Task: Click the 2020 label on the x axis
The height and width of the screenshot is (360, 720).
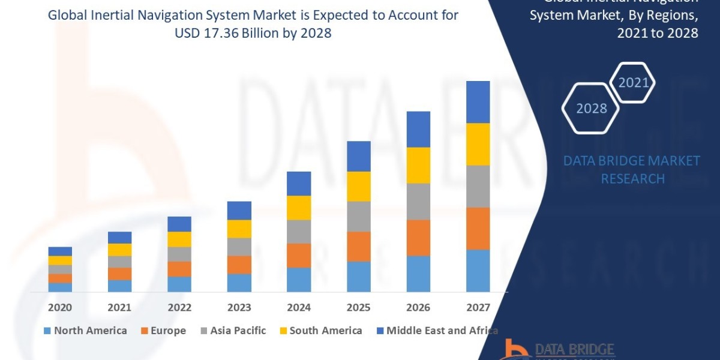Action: (60, 307)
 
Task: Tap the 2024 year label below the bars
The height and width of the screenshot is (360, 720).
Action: (299, 307)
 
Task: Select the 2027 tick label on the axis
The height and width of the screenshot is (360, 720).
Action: (478, 307)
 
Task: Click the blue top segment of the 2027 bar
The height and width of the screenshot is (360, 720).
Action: (478, 102)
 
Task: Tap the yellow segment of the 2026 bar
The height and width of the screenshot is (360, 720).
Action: (418, 165)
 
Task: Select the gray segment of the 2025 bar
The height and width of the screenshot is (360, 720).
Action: (359, 216)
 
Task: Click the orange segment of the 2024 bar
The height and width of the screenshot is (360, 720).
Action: (299, 255)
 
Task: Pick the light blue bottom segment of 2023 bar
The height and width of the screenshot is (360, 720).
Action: (239, 283)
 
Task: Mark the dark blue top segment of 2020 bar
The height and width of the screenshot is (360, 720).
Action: (60, 251)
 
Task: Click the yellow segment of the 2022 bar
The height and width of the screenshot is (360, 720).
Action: (179, 239)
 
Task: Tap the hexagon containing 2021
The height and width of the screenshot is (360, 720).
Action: (632, 82)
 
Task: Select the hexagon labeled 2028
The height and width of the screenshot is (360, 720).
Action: (592, 108)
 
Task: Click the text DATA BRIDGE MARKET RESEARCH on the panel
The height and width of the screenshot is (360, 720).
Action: (632, 170)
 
